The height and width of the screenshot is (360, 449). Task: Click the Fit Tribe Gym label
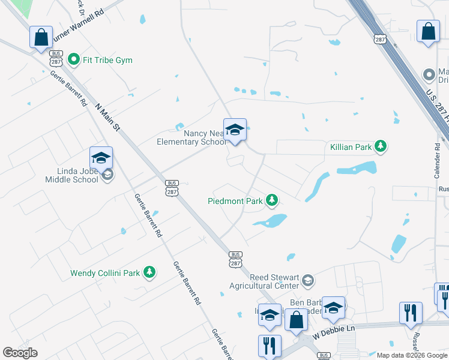108,60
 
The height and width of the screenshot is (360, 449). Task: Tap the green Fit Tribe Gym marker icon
74,59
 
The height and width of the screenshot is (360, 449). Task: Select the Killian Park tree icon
380,146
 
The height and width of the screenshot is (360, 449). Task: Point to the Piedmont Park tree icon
272,199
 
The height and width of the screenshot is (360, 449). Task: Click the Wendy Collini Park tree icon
149,272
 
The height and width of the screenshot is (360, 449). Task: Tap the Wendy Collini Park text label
105,273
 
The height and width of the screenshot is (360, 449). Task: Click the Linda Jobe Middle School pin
101,159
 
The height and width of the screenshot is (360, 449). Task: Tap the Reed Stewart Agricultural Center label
267,281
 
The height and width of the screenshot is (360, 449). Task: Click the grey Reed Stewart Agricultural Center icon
307,280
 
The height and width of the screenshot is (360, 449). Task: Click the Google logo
20,353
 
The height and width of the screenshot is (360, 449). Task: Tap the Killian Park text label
351,146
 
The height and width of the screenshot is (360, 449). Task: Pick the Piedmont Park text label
235,201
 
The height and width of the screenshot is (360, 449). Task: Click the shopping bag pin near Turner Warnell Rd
41,37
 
